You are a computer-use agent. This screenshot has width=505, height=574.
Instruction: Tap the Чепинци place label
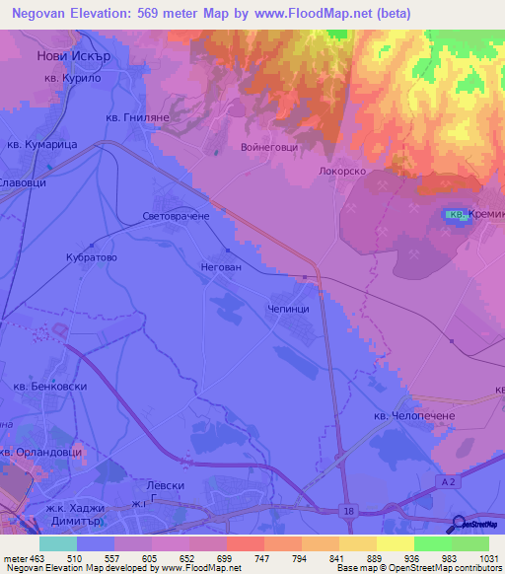point(289,308)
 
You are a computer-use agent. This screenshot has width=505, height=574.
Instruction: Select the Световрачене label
point(176,215)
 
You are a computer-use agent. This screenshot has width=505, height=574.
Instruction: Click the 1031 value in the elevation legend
point(487,557)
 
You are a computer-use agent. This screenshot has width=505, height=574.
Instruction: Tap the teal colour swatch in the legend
point(57,543)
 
